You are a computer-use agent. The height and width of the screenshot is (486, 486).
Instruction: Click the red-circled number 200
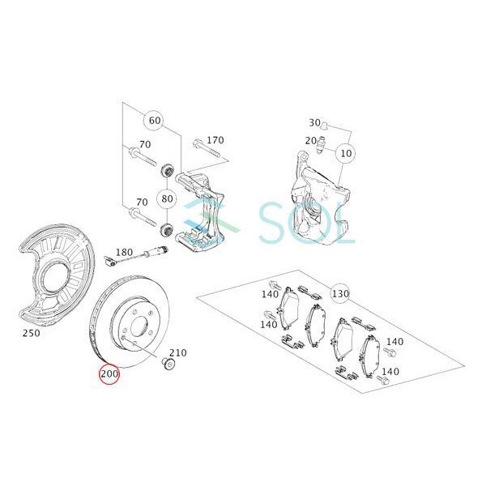pyautogui.click(x=109, y=373)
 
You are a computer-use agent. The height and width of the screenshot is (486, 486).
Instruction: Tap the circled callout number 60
pyautogui.click(x=155, y=120)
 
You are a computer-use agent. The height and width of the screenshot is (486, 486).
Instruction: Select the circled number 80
pyautogui.click(x=167, y=198)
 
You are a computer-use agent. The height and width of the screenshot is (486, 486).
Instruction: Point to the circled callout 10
pyautogui.click(x=346, y=153)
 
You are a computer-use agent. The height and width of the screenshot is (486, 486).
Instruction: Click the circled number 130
pyautogui.click(x=340, y=293)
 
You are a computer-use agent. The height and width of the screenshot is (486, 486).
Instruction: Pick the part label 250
pyautogui.click(x=32, y=333)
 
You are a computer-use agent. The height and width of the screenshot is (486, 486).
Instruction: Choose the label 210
pyautogui.click(x=178, y=352)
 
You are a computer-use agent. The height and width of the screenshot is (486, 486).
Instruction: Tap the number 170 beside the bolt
pyautogui.click(x=215, y=140)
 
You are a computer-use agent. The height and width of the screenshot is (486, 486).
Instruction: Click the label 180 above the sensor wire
pyautogui.click(x=124, y=253)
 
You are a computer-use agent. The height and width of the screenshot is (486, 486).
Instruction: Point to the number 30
pyautogui.click(x=314, y=123)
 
